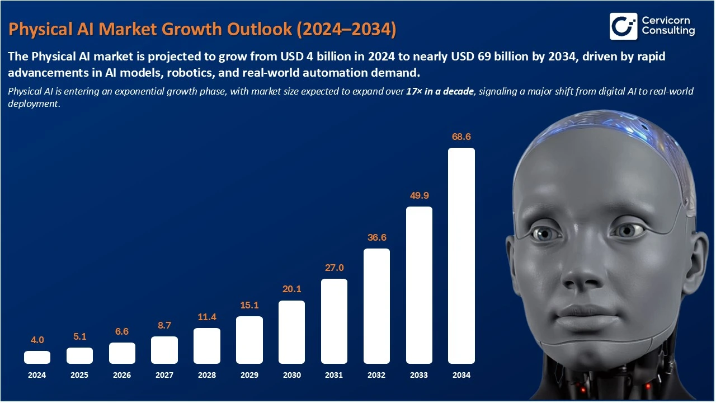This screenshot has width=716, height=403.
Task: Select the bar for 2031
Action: tap(334, 321)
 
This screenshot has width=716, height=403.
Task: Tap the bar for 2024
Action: tap(37, 357)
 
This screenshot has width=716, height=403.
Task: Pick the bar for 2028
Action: tap(207, 346)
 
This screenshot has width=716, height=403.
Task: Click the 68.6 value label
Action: tap(461, 137)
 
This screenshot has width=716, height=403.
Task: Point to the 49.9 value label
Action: tap(419, 195)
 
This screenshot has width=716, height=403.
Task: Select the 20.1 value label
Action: tap(291, 289)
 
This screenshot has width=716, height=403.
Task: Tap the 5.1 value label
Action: tap(79, 336)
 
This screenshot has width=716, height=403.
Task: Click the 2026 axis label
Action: tap(122, 375)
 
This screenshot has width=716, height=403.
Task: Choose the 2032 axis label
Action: tap(376, 375)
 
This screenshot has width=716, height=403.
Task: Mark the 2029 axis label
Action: tap(249, 375)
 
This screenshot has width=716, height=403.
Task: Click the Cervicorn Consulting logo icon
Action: tap(623, 26)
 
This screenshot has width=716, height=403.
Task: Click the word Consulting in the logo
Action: tap(668, 31)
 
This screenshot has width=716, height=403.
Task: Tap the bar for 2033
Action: tap(419, 285)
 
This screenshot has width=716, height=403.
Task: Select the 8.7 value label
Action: tap(164, 325)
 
